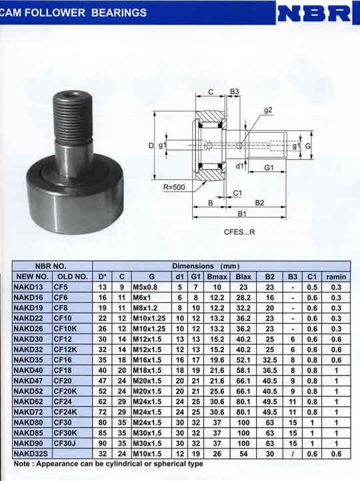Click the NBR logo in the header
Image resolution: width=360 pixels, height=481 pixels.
(314, 14)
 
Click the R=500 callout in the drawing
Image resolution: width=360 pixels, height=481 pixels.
(174, 187)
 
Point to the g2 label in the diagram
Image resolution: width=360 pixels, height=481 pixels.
(268, 110)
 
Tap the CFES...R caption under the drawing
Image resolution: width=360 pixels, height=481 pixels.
(239, 232)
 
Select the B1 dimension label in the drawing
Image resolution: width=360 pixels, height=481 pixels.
(242, 213)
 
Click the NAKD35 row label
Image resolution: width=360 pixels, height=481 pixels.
(28, 360)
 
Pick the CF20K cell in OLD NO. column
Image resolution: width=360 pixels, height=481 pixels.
(65, 391)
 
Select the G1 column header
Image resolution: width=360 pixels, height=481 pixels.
(195, 277)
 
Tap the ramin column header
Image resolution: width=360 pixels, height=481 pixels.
(336, 277)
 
